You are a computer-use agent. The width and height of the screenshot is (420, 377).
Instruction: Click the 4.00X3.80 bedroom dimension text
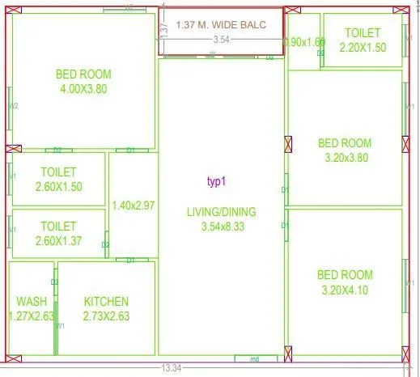[x=83, y=89]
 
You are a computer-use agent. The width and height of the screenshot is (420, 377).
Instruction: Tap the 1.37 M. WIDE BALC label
[x=220, y=24]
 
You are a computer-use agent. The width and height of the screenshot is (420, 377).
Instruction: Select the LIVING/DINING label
[x=221, y=212]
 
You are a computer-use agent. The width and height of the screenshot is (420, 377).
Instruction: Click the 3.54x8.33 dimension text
[x=221, y=227]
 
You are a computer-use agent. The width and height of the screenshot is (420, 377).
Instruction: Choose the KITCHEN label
[x=106, y=302]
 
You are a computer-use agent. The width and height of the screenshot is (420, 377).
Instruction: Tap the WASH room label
[x=31, y=302]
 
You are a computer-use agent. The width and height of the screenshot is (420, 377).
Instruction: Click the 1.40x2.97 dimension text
[x=134, y=205]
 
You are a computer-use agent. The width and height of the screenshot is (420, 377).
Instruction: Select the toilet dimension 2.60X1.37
[x=58, y=241]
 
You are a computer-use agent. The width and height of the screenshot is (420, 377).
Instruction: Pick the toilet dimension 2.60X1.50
[x=58, y=187]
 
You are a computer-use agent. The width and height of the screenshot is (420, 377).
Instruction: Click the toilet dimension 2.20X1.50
[x=362, y=48]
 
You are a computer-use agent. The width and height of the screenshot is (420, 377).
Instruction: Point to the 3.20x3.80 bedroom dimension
[x=345, y=159]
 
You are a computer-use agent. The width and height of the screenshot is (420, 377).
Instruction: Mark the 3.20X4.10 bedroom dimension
[x=345, y=290]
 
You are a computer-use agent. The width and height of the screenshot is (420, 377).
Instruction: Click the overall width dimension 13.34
[x=171, y=368]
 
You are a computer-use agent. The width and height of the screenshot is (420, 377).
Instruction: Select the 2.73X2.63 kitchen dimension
[x=106, y=316]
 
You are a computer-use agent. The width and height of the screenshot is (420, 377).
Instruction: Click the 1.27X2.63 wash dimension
[x=31, y=316]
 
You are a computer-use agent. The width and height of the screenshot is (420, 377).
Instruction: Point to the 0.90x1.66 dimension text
[x=304, y=42]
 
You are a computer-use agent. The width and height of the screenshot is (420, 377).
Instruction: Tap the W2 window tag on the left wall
[x=13, y=106]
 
